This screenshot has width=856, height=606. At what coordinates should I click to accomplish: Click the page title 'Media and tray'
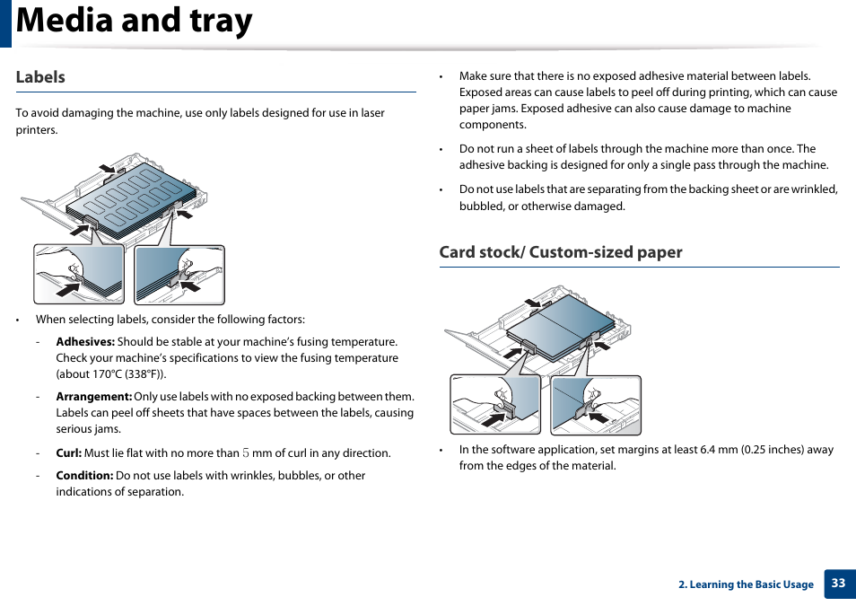click(x=135, y=22)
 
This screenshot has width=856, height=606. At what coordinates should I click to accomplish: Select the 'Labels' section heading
click(x=40, y=77)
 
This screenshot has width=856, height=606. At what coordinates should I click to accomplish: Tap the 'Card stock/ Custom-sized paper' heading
click(x=560, y=252)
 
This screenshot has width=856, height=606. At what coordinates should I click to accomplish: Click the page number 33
click(x=838, y=584)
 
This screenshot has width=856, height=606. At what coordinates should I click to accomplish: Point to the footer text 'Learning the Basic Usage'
click(x=751, y=584)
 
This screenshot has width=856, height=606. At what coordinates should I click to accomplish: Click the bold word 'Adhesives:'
click(x=85, y=342)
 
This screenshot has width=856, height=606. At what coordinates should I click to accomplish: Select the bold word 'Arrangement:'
click(x=94, y=397)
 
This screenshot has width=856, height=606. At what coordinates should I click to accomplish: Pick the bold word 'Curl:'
click(x=68, y=453)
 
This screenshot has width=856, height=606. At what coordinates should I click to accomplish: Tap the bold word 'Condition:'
click(x=84, y=476)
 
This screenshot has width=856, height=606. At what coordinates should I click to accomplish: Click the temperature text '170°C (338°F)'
click(x=128, y=374)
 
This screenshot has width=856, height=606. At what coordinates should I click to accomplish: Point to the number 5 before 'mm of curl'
click(x=246, y=453)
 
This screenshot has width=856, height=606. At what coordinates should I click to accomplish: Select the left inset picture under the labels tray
click(x=79, y=275)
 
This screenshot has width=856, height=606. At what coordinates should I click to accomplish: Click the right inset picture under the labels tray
click(x=179, y=275)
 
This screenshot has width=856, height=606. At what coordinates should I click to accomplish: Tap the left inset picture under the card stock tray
click(x=495, y=404)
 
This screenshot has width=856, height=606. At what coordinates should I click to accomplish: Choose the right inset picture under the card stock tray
click(x=596, y=404)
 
